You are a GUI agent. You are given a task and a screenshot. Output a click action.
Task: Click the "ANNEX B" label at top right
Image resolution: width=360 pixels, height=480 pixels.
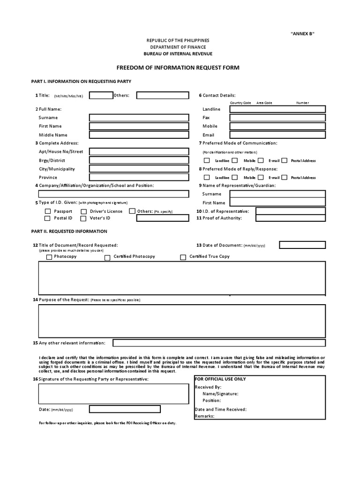[302, 34]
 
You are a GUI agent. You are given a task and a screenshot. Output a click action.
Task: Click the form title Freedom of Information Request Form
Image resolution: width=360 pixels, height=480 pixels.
[178, 67]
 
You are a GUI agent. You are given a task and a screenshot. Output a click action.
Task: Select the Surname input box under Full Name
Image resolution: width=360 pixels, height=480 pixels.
[138, 118]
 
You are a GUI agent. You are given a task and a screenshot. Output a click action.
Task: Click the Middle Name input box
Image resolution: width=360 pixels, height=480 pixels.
[138, 135]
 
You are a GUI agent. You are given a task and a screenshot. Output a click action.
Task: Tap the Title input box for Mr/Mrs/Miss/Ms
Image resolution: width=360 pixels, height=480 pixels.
[101, 96]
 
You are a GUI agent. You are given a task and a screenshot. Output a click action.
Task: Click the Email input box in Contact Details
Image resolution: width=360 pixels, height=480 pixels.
[277, 135]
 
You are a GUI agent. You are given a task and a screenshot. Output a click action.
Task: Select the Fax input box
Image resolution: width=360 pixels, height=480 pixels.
[277, 118]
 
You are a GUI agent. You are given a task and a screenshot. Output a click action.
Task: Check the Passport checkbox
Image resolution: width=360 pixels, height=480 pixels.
[47, 211]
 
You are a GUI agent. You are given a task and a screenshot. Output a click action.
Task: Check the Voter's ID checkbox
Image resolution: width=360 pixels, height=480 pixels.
[83, 218]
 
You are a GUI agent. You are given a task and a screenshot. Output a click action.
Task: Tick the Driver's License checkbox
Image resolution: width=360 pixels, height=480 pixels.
[83, 211]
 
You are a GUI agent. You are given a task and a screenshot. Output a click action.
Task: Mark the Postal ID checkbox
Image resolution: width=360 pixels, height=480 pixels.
[47, 218]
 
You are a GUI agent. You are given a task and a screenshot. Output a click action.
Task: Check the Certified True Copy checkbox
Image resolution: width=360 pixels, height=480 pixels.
[183, 257]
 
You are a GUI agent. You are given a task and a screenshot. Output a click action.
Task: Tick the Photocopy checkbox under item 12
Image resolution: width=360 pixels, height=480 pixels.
[49, 257]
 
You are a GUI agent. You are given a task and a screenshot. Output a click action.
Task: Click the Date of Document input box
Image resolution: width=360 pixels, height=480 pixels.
[302, 245]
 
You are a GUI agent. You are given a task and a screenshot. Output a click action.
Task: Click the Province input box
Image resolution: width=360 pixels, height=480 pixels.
[138, 178]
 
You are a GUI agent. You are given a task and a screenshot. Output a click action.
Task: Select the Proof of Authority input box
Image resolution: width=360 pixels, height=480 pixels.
[290, 218]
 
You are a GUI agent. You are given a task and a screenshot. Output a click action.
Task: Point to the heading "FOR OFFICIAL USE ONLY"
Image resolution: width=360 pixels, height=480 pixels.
[220, 379]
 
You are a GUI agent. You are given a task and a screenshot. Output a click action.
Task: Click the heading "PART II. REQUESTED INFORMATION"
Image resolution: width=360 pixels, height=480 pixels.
[69, 231]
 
